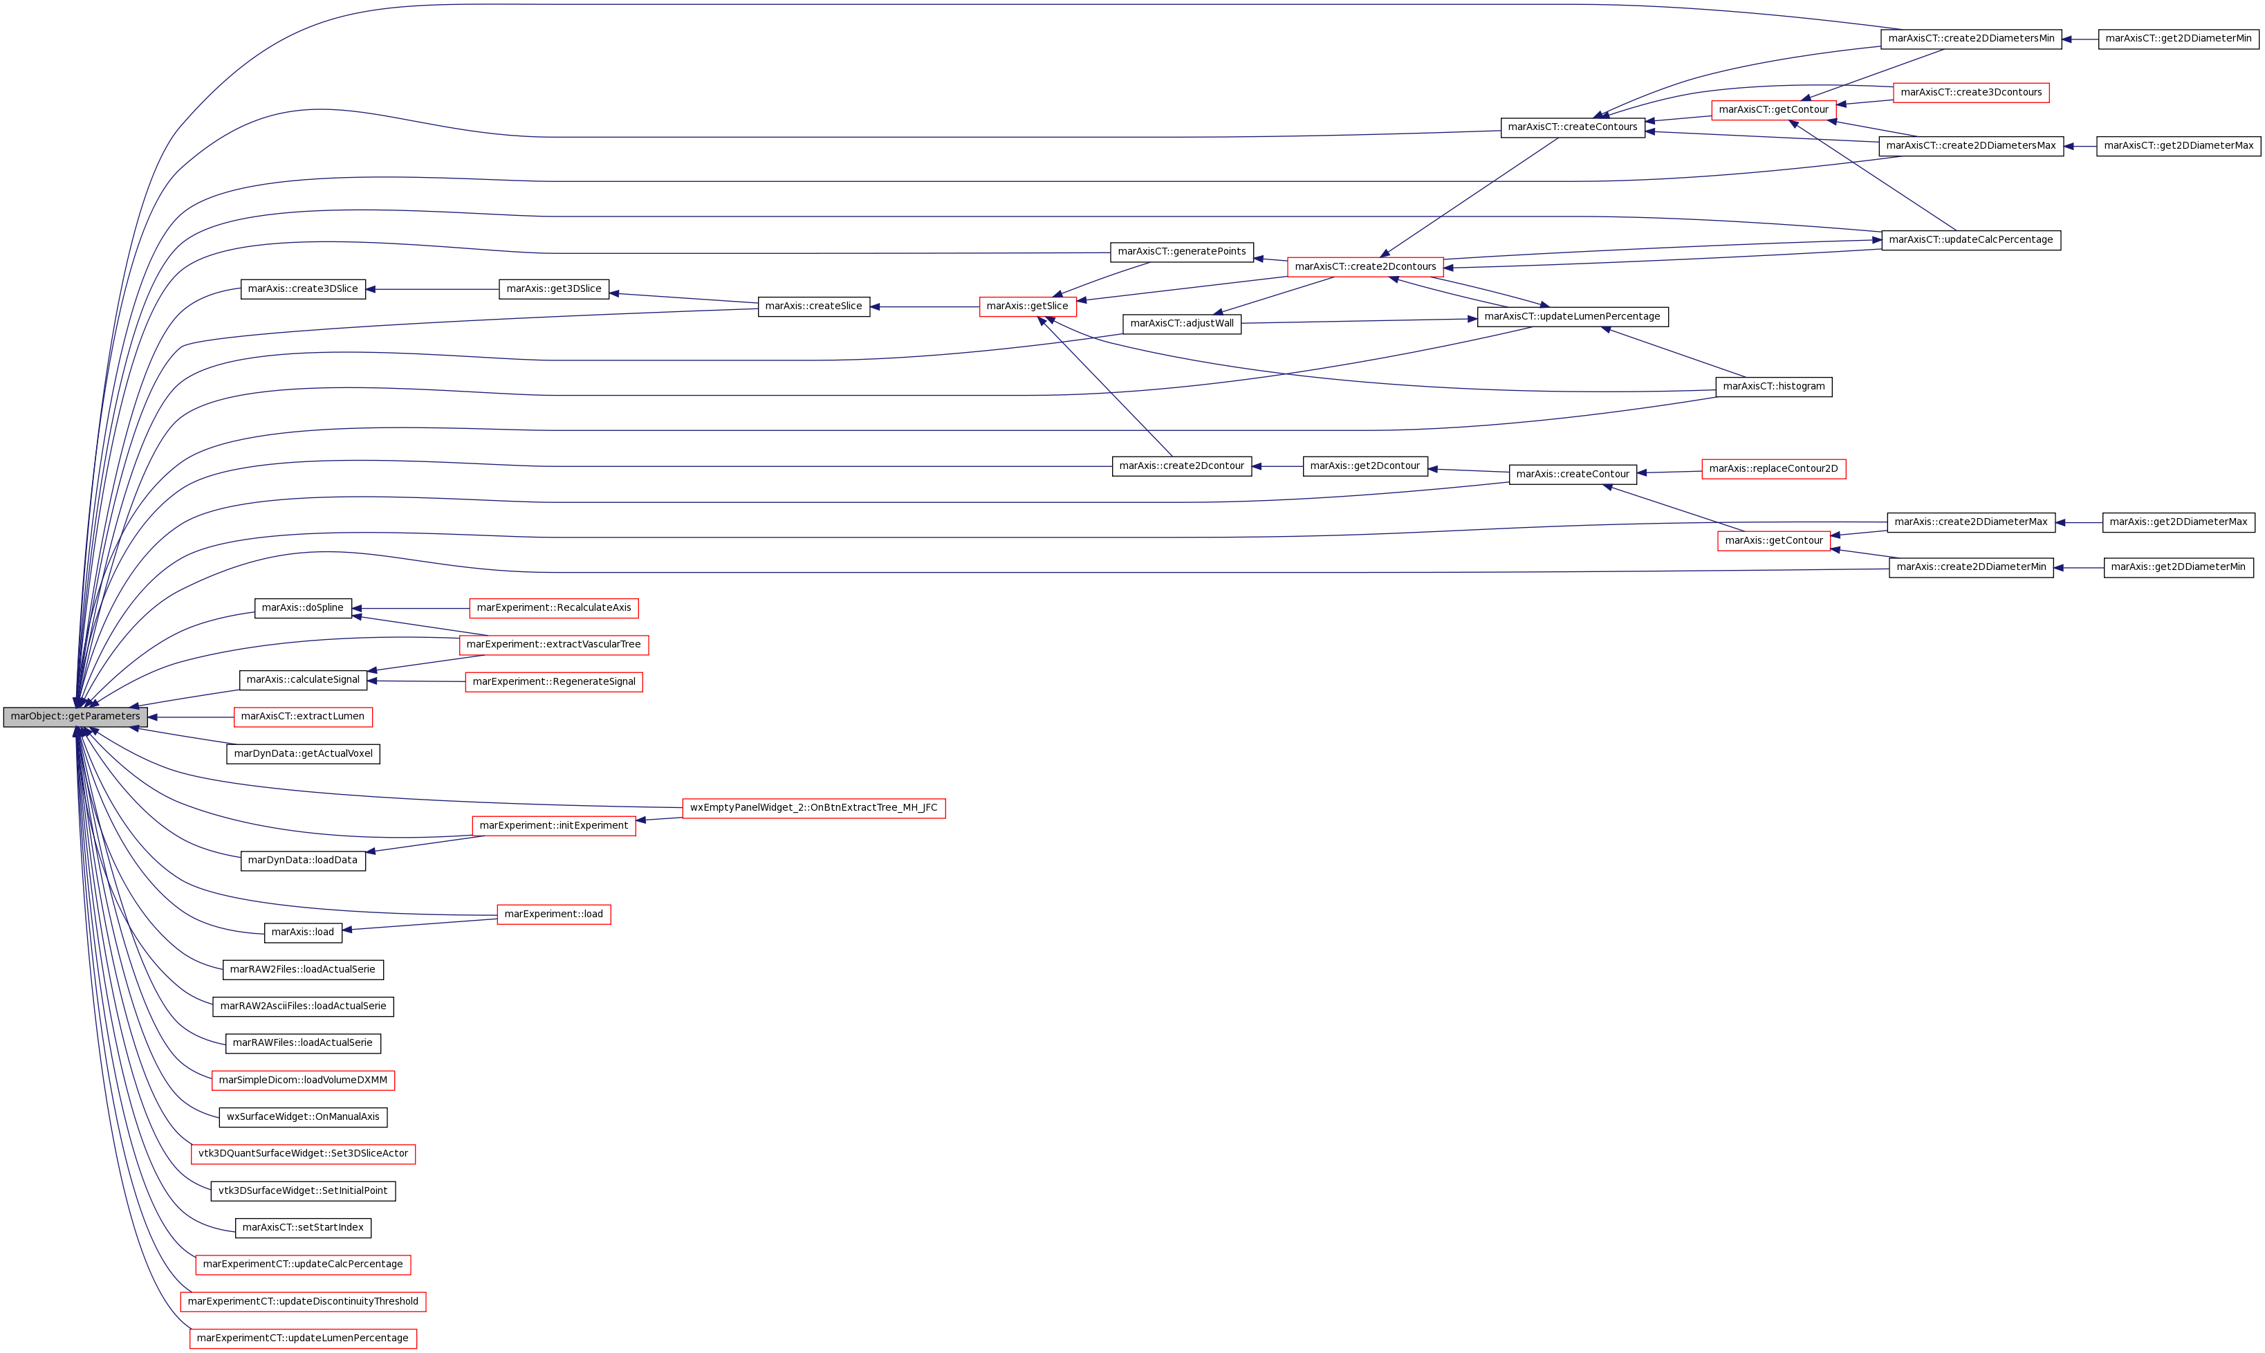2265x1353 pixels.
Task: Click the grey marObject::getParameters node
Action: point(75,717)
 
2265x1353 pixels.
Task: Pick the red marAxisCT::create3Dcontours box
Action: point(1970,93)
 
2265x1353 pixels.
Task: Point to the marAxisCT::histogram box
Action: point(1773,387)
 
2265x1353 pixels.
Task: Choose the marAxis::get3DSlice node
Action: point(553,290)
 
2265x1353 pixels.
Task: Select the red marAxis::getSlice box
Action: point(1027,307)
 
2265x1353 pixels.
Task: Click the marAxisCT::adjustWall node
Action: point(1181,324)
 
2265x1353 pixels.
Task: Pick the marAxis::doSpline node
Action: point(303,608)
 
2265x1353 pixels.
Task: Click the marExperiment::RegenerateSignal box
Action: point(553,682)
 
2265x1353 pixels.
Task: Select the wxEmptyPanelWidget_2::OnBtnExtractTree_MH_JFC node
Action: point(813,809)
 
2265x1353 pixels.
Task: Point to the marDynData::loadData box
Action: point(303,860)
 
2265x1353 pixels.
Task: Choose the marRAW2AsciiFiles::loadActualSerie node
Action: point(303,1006)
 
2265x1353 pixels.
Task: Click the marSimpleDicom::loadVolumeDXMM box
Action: point(303,1080)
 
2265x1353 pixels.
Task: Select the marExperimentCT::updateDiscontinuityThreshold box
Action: point(303,1302)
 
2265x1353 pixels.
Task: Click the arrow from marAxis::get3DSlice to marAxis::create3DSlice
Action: point(432,290)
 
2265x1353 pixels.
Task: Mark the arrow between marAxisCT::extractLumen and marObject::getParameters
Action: point(190,717)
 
